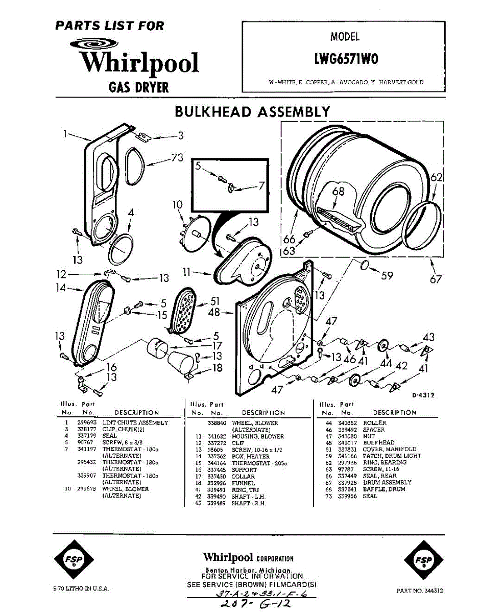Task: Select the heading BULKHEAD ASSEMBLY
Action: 252,112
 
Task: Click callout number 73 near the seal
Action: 176,158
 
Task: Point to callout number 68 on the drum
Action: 338,192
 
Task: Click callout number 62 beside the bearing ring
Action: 435,178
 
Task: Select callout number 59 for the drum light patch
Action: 387,276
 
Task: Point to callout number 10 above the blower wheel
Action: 177,205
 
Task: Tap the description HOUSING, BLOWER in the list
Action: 258,437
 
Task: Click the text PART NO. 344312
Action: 419,591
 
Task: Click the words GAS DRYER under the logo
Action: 139,87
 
